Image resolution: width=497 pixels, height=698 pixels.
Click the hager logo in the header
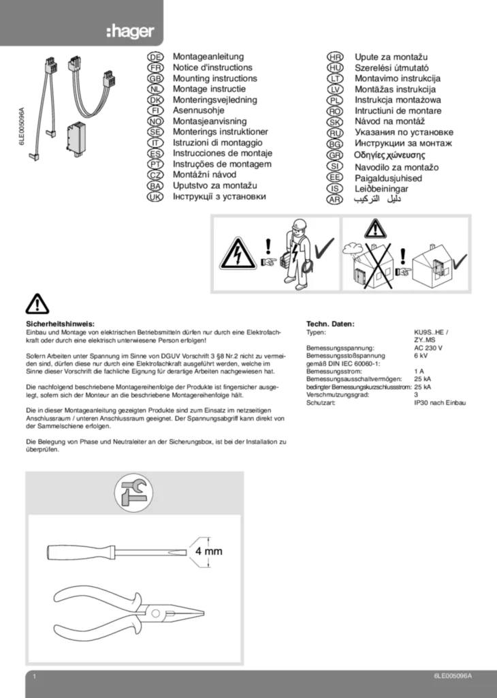point(130,31)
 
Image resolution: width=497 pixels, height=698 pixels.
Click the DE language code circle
point(155,57)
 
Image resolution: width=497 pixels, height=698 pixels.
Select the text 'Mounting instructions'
point(214,78)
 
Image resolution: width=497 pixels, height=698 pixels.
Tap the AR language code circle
point(335,200)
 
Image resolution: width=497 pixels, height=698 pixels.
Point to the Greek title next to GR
point(389,155)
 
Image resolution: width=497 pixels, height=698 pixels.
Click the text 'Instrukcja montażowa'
point(398,100)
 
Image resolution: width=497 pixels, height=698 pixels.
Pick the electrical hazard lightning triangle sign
point(238,254)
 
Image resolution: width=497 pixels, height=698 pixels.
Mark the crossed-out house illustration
point(372,266)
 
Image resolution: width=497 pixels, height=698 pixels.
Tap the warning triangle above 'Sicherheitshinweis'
point(37,303)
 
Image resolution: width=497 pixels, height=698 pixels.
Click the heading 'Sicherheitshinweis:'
point(61,324)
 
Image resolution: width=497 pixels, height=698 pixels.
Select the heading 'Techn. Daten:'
point(330,324)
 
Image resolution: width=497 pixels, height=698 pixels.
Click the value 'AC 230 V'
point(428,348)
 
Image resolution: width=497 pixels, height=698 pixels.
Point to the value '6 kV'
point(421,356)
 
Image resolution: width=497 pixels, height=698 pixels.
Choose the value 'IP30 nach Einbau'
point(440,403)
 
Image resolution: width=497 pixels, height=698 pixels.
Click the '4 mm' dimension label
point(208,551)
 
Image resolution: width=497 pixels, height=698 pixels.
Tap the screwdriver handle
point(81,552)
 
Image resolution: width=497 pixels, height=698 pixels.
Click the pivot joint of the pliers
point(155,613)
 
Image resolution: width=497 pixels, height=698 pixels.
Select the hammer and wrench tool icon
point(134,493)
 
